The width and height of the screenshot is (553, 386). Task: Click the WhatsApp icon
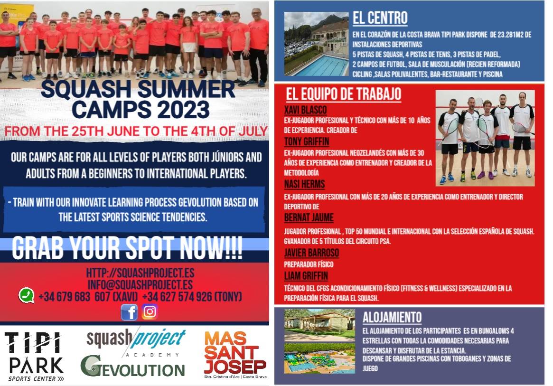point(27,296)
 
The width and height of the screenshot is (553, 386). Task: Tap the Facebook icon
point(129,312)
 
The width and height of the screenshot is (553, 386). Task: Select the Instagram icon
point(150,312)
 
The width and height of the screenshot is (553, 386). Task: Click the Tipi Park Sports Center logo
point(35,357)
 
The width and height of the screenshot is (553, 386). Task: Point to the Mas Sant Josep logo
point(235,354)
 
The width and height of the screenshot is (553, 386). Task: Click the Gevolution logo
point(132,366)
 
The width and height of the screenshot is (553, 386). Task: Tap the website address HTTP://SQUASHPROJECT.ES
point(140,273)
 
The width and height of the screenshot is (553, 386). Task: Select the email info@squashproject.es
point(140,284)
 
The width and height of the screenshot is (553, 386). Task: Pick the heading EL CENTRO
point(380,18)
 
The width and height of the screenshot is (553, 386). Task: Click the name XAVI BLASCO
point(305,110)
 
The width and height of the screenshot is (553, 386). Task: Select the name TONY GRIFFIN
point(307,141)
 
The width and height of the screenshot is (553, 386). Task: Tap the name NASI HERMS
point(304,184)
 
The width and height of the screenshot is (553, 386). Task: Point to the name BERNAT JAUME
point(309,217)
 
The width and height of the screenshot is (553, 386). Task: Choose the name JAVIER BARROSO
point(311,253)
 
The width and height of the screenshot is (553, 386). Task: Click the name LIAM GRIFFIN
point(306,276)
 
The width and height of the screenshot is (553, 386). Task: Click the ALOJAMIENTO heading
point(392,317)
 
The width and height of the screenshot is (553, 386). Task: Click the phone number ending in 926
point(192,297)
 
